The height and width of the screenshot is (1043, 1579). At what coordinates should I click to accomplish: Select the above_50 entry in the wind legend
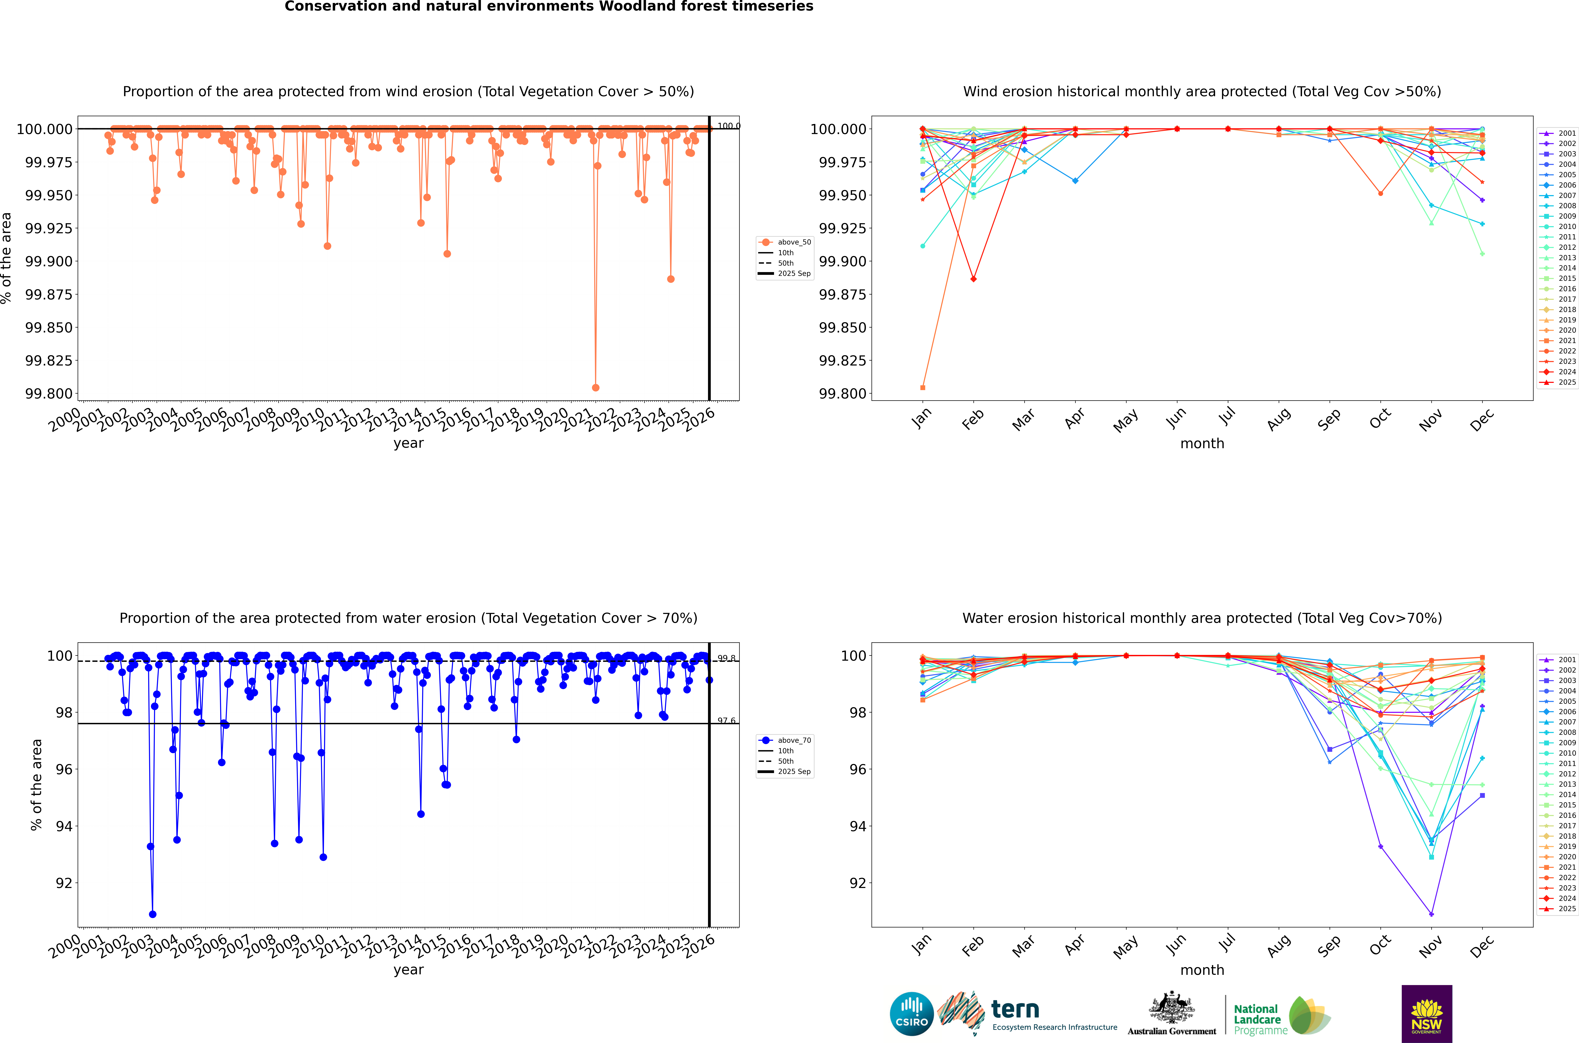click(x=794, y=242)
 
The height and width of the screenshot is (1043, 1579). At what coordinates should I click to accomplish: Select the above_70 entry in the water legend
click(x=794, y=740)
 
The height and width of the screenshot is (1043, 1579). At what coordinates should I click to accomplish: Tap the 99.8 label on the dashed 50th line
click(x=727, y=659)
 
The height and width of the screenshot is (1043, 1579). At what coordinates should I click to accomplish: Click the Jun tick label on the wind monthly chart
click(x=1176, y=418)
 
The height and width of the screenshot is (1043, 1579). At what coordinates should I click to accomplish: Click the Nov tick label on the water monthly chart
click(x=1431, y=945)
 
